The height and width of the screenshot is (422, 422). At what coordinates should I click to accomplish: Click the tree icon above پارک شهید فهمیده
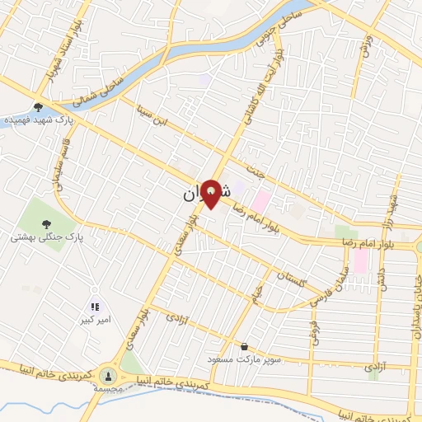pyautogui.click(x=39, y=106)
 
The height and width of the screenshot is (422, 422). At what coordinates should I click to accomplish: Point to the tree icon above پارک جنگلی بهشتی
pyautogui.click(x=45, y=223)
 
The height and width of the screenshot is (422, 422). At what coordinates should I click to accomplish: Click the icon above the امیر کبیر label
pyautogui.click(x=95, y=307)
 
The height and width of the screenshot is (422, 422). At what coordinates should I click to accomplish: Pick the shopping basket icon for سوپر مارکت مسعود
pyautogui.click(x=244, y=346)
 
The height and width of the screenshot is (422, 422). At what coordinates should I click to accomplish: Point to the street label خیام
pyautogui.click(x=258, y=291)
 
